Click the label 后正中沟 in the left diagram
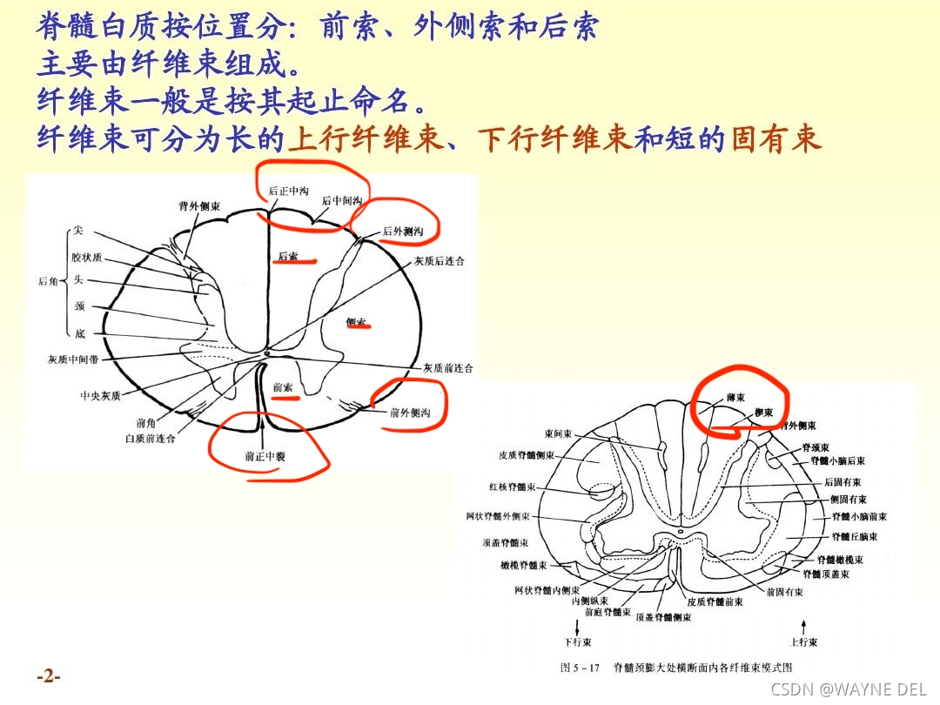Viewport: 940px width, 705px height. [x=288, y=191]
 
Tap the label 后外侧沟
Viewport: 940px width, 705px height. [x=403, y=232]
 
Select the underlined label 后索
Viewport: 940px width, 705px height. [x=287, y=256]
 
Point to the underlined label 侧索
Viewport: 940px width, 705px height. [x=356, y=322]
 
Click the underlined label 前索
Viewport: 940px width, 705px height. [x=283, y=387]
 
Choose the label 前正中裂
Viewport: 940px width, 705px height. [x=263, y=455]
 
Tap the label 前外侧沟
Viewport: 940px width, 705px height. [x=410, y=413]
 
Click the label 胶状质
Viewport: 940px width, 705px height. [x=87, y=257]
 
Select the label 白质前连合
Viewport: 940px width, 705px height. [x=150, y=439]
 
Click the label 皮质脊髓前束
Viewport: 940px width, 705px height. [x=715, y=601]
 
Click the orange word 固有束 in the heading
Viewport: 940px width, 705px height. [x=776, y=140]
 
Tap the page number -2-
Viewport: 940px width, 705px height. [x=49, y=675]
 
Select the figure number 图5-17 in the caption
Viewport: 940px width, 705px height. [x=581, y=668]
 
